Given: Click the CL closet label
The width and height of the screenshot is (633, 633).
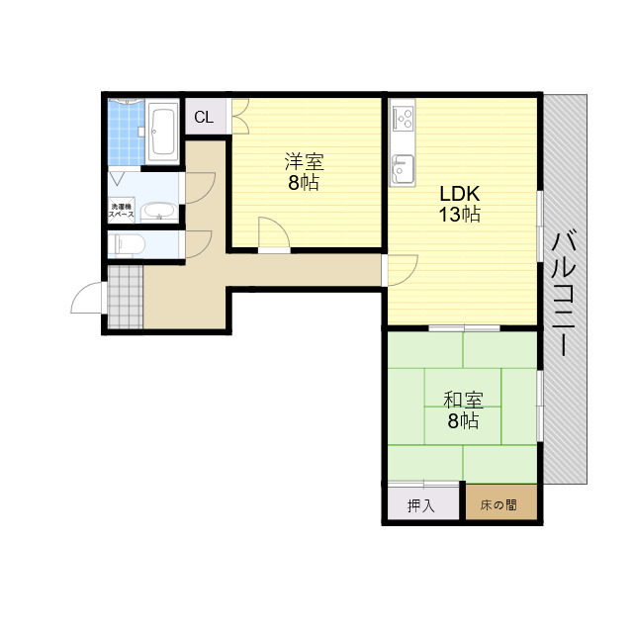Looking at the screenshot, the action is tap(204, 117).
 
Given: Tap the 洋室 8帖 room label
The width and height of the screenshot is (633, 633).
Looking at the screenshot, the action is tap(304, 171).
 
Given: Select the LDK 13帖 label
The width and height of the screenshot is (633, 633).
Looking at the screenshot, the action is tap(460, 204).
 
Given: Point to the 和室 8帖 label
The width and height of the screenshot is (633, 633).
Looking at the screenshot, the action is tap(463, 409).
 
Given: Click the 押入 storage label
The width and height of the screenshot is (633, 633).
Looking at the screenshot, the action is tap(420, 505).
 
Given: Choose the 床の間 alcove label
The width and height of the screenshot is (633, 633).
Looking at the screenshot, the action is tap(498, 504).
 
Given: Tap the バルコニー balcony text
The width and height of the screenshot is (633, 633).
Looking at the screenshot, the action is tap(565, 293).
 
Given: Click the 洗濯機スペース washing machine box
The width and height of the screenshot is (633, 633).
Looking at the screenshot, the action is tap(122, 211).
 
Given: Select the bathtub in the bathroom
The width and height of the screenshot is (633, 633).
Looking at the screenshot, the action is tap(162, 132).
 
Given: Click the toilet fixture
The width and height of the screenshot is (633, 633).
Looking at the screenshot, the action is tap(128, 244).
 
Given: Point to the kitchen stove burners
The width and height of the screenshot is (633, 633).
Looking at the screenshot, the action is tap(404, 118).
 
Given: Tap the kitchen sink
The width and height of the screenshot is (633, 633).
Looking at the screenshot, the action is tap(403, 169).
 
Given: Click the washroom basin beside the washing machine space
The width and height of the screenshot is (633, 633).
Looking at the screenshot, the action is tap(159, 213).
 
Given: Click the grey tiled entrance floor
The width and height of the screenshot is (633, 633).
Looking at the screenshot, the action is tap(126, 297).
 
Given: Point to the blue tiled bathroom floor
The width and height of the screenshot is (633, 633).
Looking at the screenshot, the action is tap(126, 133).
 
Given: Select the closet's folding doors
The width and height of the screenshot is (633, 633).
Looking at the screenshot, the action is tap(240, 117).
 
